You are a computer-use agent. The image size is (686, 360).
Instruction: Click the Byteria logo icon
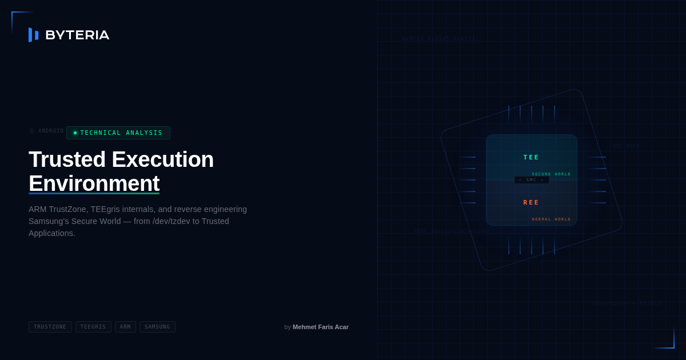(x=34, y=35)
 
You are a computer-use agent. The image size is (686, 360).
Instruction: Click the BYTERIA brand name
(x=77, y=35)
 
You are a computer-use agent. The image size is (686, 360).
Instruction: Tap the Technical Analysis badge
(x=118, y=133)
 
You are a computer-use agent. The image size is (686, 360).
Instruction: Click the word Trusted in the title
(x=67, y=159)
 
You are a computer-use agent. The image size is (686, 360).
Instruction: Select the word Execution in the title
(x=162, y=159)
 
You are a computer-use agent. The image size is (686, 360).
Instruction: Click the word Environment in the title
(x=94, y=183)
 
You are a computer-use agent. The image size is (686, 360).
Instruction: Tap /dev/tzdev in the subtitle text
(x=171, y=221)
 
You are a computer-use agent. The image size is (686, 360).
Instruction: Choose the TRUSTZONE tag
(x=50, y=327)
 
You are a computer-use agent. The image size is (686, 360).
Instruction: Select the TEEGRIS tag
(x=93, y=327)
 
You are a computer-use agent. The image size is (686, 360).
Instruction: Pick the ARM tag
(x=125, y=327)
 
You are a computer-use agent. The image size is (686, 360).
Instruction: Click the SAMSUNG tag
(x=157, y=327)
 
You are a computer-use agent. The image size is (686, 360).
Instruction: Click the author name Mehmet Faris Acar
(x=321, y=327)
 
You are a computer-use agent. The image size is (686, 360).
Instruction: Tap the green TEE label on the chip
(x=531, y=158)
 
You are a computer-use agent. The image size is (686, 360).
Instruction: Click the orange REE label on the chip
(x=531, y=203)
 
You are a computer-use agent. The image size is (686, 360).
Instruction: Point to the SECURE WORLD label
(x=551, y=174)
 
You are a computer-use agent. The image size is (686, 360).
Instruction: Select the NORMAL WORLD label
(x=551, y=219)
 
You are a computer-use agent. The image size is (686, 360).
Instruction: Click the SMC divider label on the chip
(x=531, y=180)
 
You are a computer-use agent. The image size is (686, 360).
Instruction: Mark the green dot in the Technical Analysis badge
(x=75, y=133)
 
